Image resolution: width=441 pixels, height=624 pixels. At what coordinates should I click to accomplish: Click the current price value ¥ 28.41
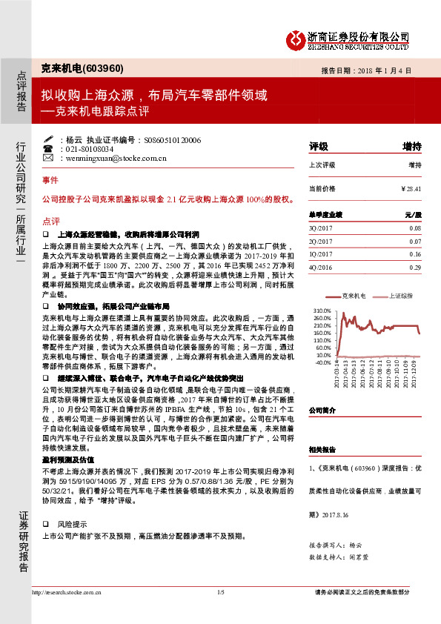(410, 189)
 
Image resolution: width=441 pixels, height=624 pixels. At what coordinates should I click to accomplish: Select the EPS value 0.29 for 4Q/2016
(414, 267)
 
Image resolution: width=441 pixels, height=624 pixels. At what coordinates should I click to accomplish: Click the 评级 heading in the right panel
(318, 146)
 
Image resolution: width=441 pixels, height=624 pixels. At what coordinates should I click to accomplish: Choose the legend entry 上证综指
(400, 295)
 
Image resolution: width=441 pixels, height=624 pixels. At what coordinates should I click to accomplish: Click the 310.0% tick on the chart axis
(322, 311)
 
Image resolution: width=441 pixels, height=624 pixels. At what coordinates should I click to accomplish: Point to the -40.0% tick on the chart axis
(322, 362)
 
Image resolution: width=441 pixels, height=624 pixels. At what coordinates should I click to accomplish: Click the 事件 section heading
(50, 181)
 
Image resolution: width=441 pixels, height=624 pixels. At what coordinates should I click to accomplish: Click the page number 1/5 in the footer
(220, 592)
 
